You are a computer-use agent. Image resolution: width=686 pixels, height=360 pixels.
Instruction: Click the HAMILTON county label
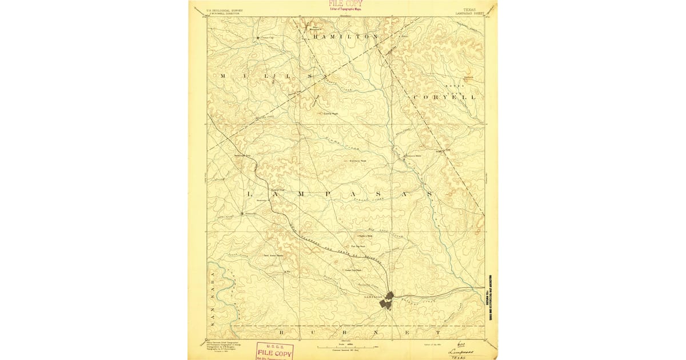point(345,36)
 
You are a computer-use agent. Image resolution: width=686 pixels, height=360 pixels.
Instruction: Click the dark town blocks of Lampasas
point(387,299)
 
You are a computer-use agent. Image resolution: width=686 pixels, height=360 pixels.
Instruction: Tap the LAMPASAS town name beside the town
point(373,297)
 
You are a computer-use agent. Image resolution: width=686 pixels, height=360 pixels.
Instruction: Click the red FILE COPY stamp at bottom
point(274,351)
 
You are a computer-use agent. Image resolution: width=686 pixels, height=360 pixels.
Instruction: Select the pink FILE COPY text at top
point(345,4)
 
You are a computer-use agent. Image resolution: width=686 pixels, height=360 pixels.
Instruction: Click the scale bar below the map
point(346,346)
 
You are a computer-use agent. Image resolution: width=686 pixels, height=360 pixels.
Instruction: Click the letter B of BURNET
point(281,331)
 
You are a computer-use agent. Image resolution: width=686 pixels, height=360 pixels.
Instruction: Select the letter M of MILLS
point(223,75)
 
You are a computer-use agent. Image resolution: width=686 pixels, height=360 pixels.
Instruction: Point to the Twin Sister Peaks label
point(273,255)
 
